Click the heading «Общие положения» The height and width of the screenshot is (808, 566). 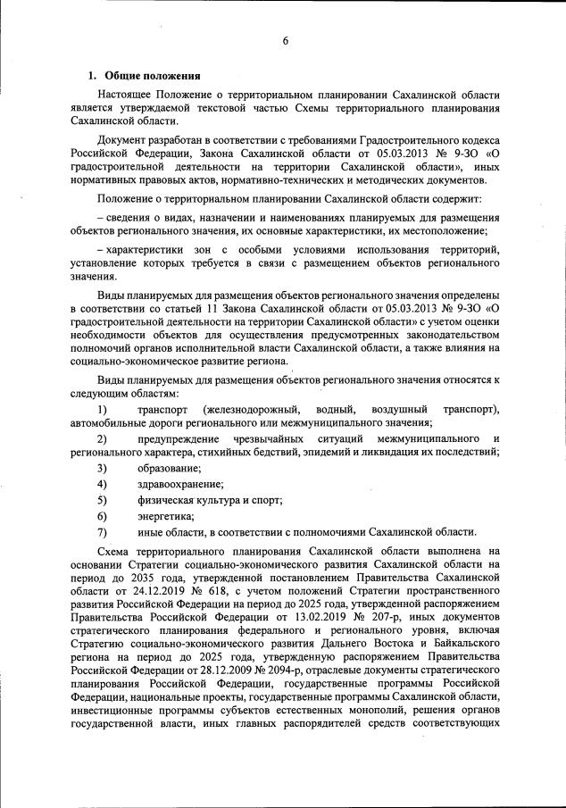point(152,75)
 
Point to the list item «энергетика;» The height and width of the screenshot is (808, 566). point(166,515)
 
